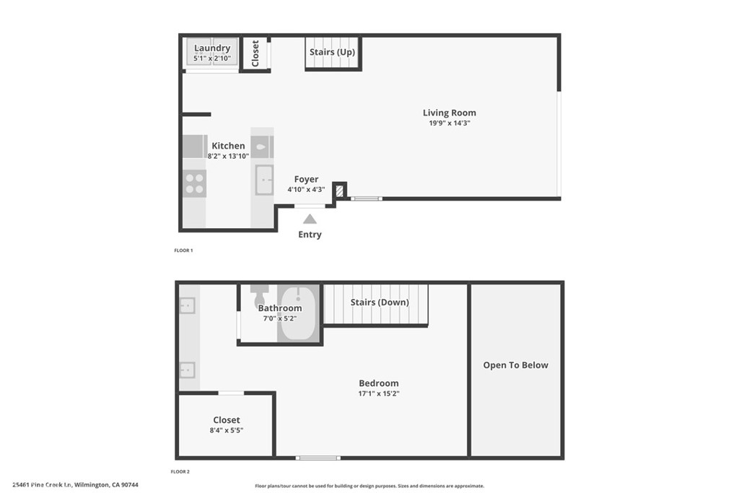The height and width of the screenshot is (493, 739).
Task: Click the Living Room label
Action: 449,113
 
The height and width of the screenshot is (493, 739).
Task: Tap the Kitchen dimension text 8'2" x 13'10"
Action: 228,156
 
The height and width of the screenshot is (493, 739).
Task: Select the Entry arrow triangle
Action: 310,219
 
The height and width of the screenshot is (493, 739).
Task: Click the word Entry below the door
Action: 310,235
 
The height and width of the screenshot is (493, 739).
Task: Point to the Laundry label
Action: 212,48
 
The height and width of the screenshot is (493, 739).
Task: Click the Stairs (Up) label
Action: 332,52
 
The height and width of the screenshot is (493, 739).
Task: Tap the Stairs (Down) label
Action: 380,302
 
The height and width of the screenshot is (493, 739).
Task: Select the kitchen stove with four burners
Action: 194,183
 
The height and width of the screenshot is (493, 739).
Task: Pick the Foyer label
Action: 306,179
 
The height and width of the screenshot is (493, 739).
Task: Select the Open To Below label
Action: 515,365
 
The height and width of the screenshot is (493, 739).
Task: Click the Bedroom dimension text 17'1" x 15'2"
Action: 379,394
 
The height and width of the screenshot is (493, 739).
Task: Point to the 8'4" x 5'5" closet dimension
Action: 227,431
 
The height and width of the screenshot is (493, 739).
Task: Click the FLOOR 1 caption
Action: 183,250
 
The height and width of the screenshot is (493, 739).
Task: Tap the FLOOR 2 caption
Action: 180,471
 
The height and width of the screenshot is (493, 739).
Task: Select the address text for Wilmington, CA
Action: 75,485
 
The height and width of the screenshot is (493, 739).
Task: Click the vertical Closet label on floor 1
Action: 255,53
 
